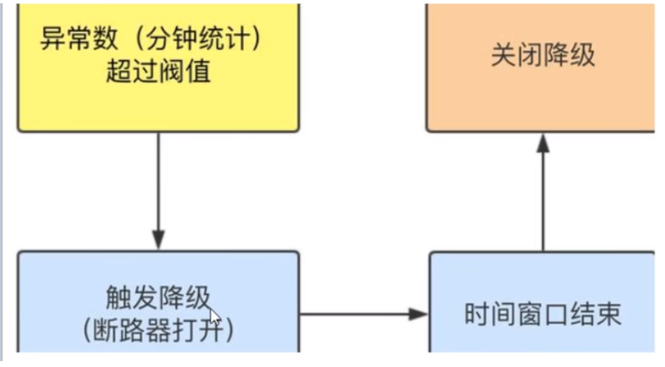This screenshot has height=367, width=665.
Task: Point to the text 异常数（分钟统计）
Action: pos(151,40)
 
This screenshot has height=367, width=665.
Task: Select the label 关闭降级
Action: pos(543,56)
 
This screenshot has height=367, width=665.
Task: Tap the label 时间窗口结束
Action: pos(543,315)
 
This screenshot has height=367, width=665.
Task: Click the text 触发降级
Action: pos(158,299)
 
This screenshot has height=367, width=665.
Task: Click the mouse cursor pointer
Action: pos(215,319)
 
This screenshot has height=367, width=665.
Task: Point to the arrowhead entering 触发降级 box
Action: pos(158,239)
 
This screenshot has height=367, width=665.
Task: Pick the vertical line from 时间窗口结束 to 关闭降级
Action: pos(543,201)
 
